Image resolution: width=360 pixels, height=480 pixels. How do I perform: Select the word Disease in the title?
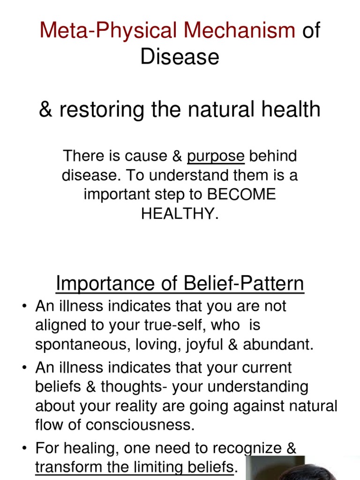click(x=180, y=57)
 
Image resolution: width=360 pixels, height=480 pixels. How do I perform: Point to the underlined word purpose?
click(x=216, y=156)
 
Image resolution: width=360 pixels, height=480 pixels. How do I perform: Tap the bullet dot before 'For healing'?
click(x=24, y=449)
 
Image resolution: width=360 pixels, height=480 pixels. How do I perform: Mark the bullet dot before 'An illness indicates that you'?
click(x=24, y=307)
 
